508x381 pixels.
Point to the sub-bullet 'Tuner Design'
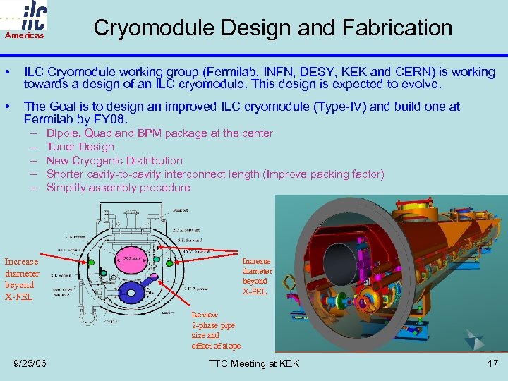click(x=80, y=147)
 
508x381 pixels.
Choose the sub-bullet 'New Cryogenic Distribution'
click(x=114, y=160)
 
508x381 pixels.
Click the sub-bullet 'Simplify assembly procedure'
click(x=118, y=187)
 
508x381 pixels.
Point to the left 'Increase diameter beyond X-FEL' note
click(x=22, y=279)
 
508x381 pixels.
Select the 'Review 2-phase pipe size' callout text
click(x=215, y=330)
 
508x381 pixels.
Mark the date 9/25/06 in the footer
click(x=30, y=363)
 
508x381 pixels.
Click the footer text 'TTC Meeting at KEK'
click(x=254, y=363)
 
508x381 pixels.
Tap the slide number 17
click(x=492, y=363)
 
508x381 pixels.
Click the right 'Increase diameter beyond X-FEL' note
click(x=257, y=276)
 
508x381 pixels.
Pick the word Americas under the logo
click(x=25, y=35)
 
